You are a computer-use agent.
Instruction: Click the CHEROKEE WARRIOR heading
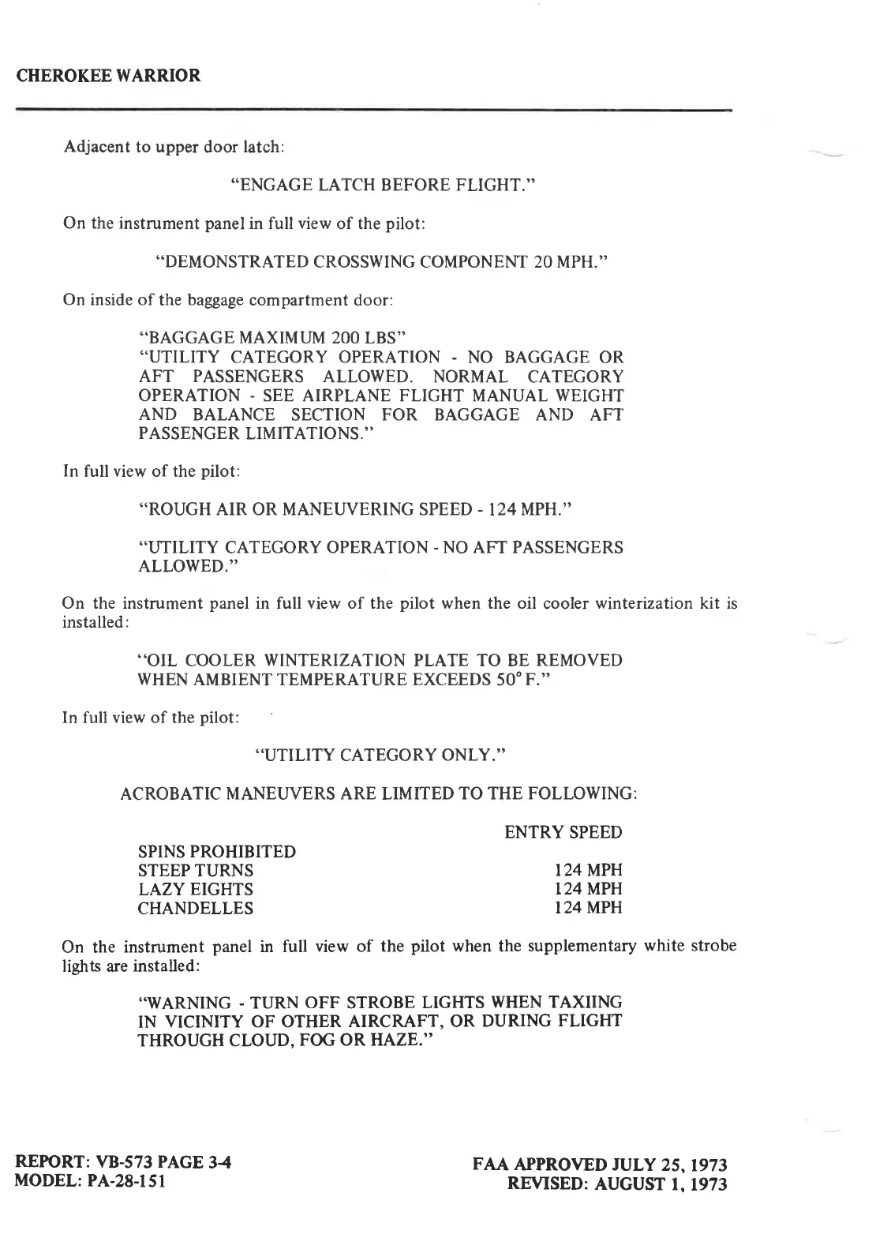(109, 76)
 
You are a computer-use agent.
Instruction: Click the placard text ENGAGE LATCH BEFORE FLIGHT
(383, 186)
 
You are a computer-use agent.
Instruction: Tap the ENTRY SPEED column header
(563, 832)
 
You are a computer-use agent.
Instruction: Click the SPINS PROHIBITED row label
(217, 852)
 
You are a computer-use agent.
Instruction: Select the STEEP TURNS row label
(196, 871)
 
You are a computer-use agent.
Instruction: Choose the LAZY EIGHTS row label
(196, 890)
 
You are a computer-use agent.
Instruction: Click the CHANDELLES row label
(196, 909)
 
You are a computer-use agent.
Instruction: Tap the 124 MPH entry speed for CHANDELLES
(588, 909)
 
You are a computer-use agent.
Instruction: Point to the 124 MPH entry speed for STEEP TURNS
(588, 871)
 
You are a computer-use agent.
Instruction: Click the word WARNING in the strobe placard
(186, 1003)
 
